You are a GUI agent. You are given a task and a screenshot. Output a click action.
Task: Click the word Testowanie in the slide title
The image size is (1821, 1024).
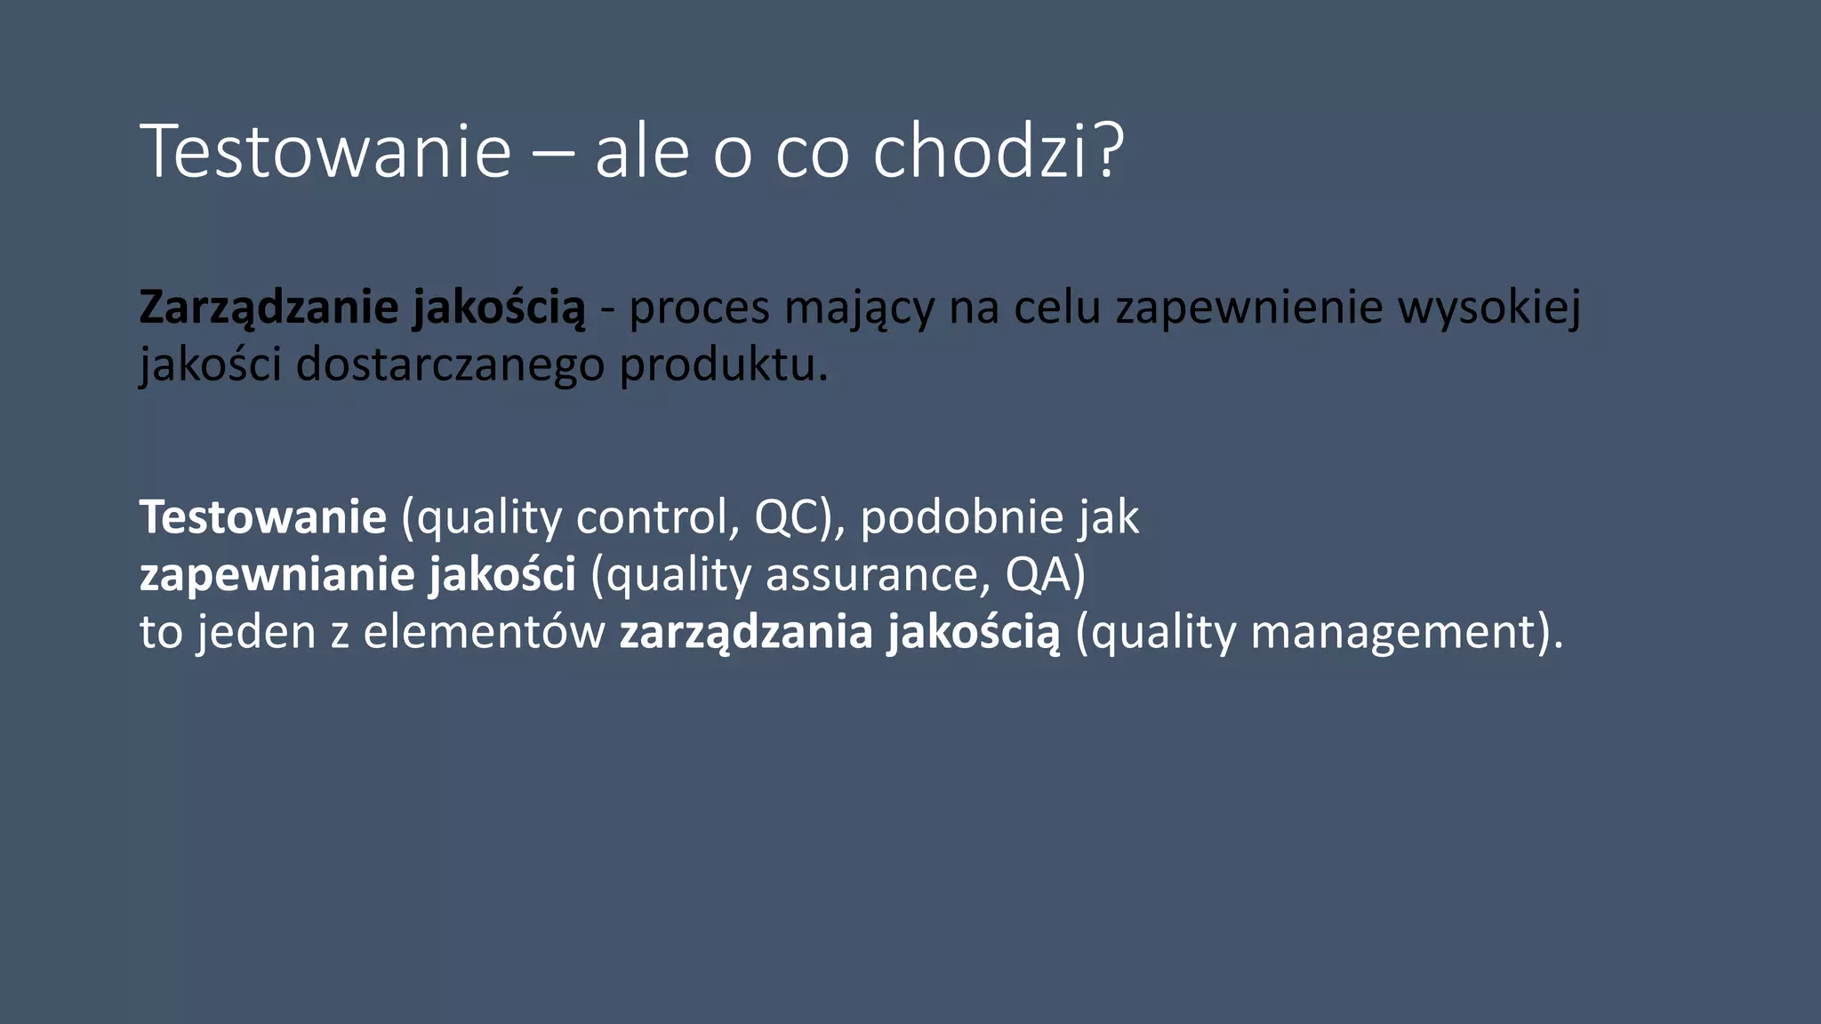click(325, 151)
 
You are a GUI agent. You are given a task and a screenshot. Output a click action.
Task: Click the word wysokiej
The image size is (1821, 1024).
click(1489, 308)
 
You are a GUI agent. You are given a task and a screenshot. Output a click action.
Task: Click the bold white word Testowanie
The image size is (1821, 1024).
click(263, 517)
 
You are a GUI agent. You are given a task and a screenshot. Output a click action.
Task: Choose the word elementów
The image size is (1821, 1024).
click(484, 633)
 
